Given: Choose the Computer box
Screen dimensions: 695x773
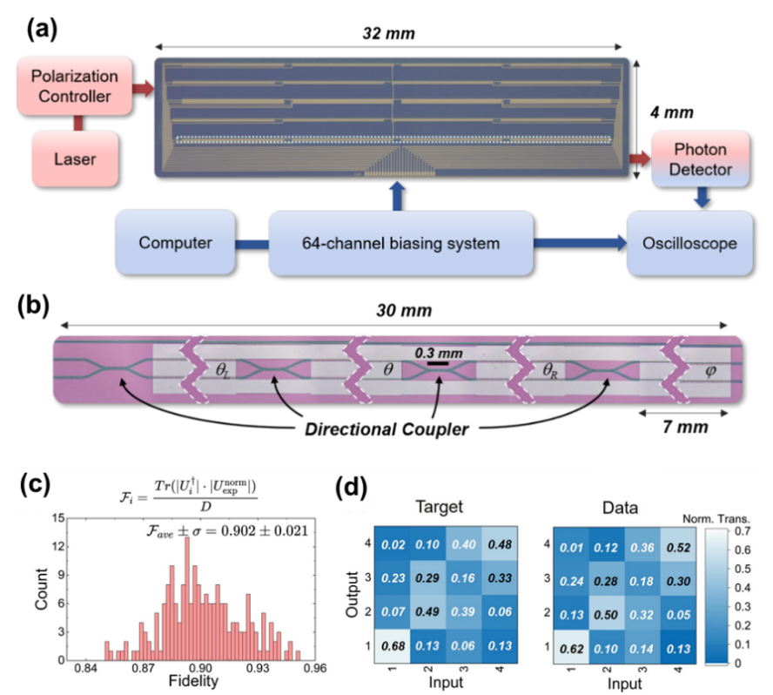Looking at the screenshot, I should [174, 243].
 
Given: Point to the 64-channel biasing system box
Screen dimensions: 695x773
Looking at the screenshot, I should [401, 243].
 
